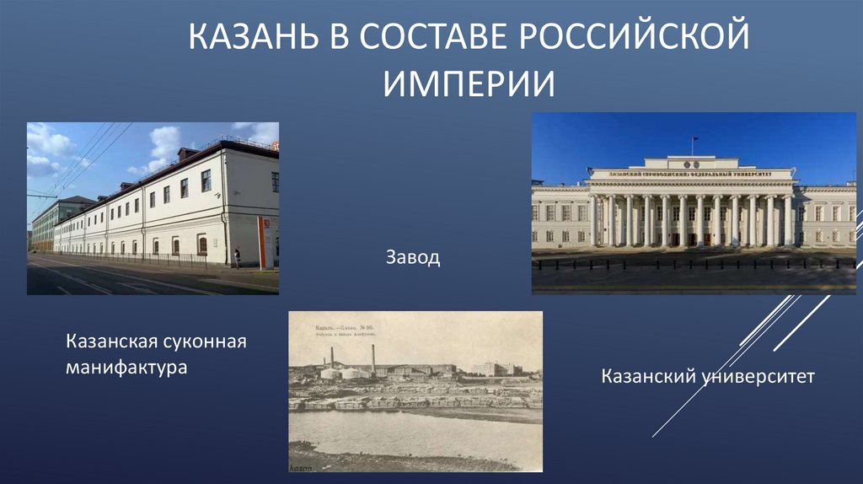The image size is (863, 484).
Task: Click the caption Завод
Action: coord(412,257)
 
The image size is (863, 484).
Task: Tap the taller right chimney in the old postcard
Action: coord(373,357)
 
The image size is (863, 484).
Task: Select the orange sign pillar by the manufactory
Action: coord(264,241)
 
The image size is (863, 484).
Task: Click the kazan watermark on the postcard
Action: coord(301,466)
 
